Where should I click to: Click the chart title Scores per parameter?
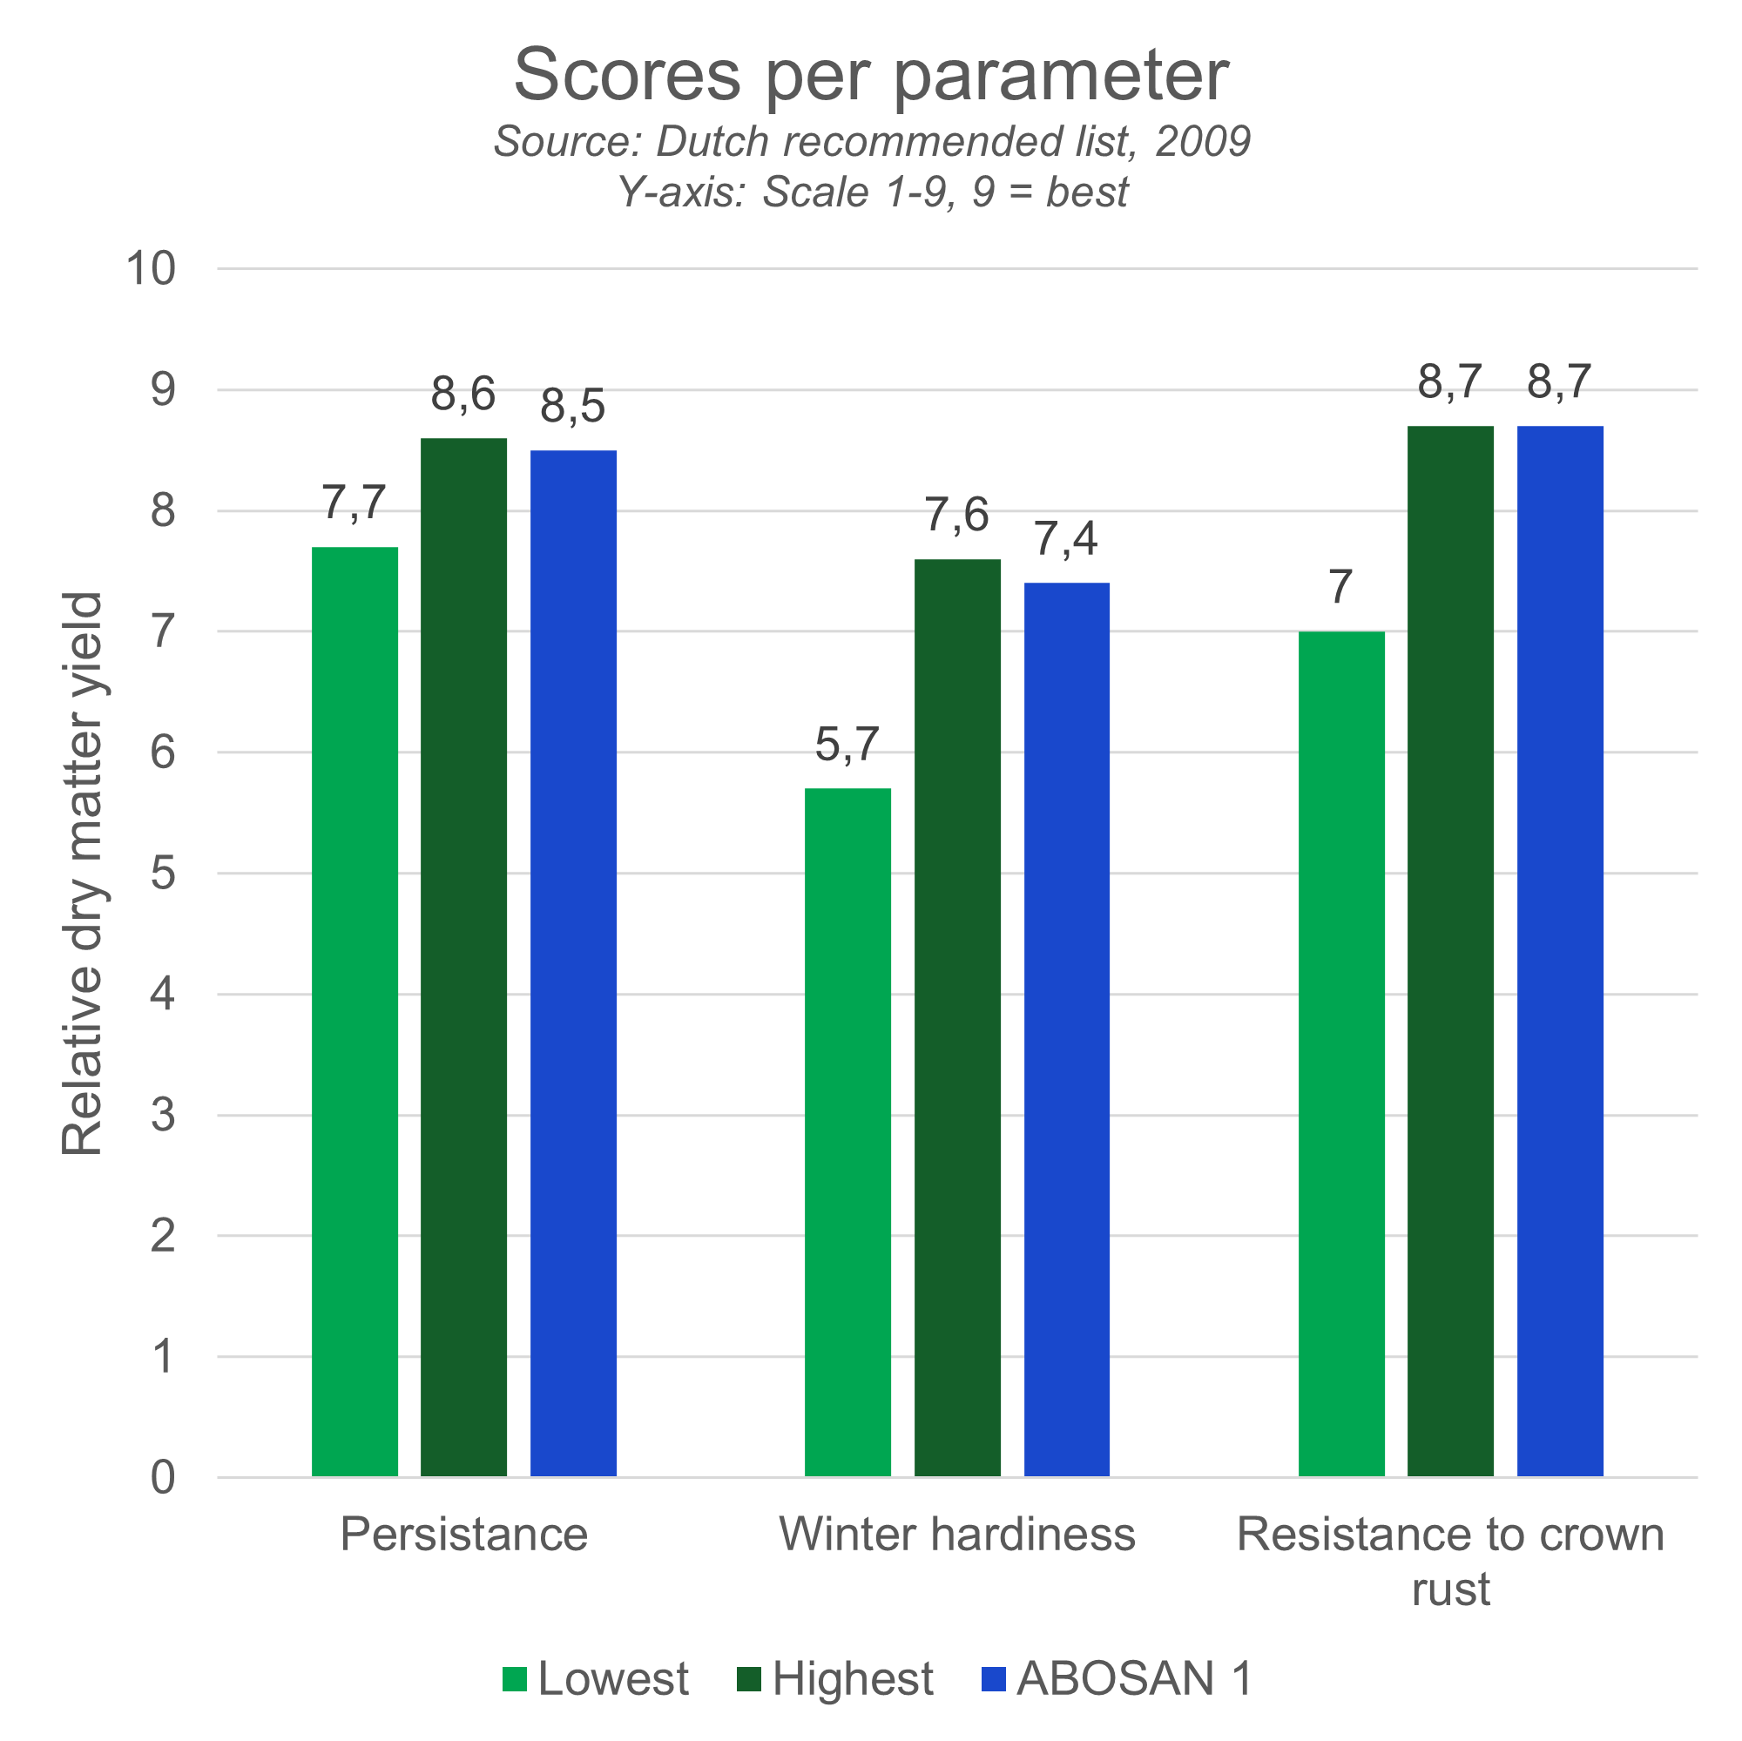click(871, 76)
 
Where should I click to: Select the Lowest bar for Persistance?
click(355, 1009)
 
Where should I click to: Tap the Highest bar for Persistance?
click(464, 955)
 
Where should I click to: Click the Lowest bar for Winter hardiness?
click(848, 1131)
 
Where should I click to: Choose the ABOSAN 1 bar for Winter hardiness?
click(1067, 1028)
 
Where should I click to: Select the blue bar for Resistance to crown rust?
click(1560, 950)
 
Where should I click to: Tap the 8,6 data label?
click(463, 395)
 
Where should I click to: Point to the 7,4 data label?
click(1066, 539)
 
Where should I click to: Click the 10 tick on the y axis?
click(151, 268)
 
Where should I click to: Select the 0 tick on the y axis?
click(162, 1478)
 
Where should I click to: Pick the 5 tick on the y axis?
click(162, 874)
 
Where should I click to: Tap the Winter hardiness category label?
click(956, 1534)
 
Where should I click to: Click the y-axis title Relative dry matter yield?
click(83, 873)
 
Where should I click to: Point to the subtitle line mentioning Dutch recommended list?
click(871, 142)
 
